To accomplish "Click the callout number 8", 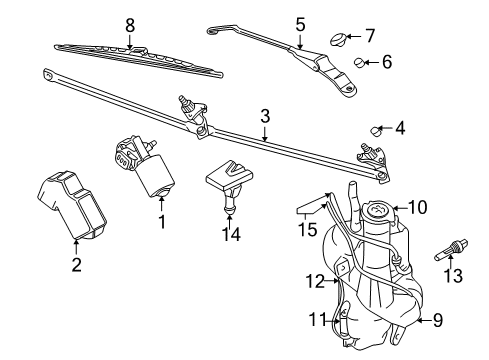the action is pos(130,25).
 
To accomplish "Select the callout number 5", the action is pos(300,24).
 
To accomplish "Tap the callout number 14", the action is pos(231,234).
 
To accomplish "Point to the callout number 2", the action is pos(76,265).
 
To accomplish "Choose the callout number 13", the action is pos(453,276).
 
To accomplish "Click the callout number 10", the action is pos(417,207).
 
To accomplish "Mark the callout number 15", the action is pos(307,229).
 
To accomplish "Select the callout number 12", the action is pos(315,281).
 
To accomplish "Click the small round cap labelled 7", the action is pos(338,39).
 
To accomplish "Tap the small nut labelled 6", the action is pos(359,62).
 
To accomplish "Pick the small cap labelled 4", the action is pos(377,131).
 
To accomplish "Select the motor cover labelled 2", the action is pos(72,205).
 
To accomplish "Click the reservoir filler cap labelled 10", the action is pos(378,211).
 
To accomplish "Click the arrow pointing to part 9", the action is pos(423,321).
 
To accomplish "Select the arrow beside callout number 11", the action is pos(333,321).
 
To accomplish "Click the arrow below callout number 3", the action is pos(265,133).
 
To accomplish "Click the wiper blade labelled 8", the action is pos(138,60).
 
